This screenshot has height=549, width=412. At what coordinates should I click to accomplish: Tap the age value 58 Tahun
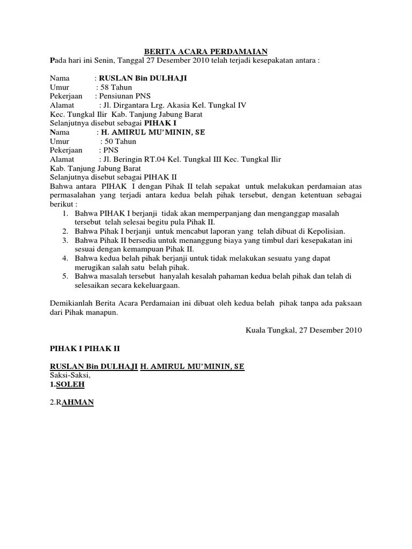tap(115, 87)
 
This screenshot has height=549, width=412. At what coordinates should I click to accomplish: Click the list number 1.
tap(64, 214)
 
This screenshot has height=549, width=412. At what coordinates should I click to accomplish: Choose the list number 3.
tap(64, 241)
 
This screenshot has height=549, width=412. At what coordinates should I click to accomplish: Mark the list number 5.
tap(64, 277)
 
